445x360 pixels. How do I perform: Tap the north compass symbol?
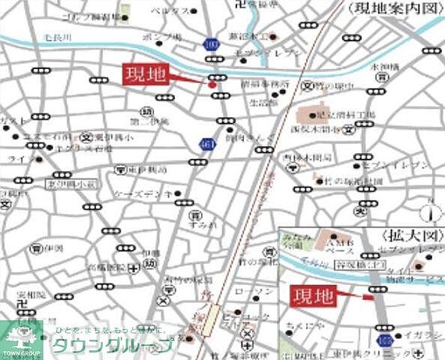point(430,211)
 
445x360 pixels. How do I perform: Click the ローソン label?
point(247,291)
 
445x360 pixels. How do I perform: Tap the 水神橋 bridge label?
point(383,67)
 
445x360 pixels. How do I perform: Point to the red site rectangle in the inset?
point(367,298)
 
